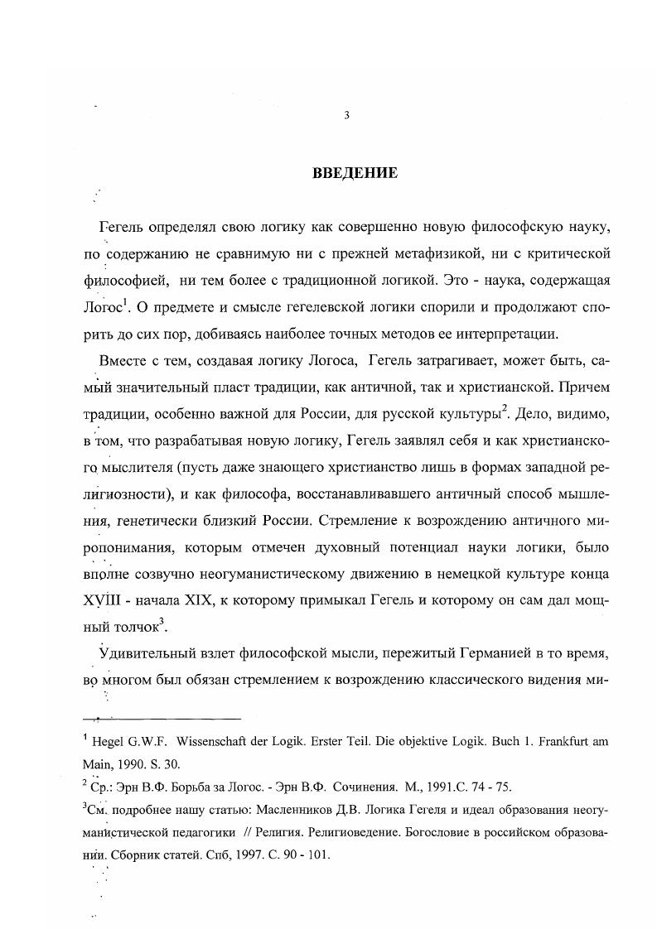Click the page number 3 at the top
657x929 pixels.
point(346,116)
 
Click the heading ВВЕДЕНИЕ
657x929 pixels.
point(355,173)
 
